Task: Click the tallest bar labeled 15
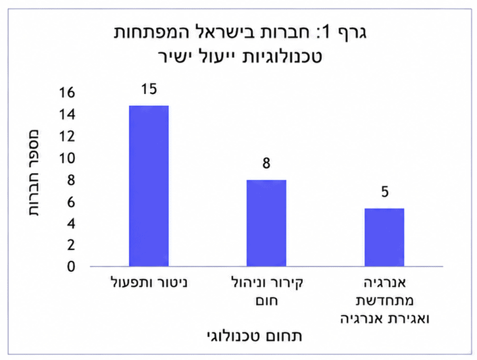point(149,186)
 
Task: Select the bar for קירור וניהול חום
point(266,223)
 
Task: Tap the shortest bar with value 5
point(384,238)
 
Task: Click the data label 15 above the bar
point(149,89)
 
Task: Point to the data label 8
point(266,163)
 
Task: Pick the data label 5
point(385,192)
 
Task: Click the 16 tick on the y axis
point(67,93)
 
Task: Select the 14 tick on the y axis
point(67,115)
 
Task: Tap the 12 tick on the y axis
point(67,136)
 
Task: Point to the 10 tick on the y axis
point(67,158)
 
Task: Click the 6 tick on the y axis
point(71,202)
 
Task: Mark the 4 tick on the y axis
point(71,224)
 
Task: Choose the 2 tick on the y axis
point(71,245)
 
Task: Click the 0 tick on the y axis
point(71,267)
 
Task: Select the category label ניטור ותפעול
point(149,283)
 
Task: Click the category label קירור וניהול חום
point(267,292)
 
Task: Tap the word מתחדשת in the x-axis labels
point(384,301)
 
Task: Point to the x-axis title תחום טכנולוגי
point(254,336)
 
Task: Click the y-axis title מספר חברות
point(34,173)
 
